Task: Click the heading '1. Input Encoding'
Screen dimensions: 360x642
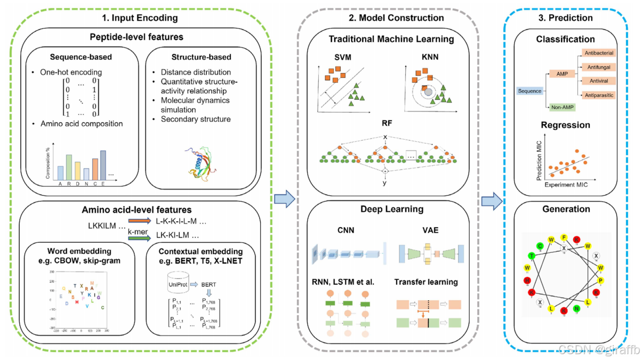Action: coord(140,18)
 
